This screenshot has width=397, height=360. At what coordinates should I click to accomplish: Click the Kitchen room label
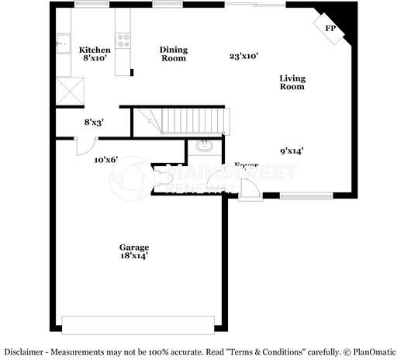pyautogui.click(x=95, y=50)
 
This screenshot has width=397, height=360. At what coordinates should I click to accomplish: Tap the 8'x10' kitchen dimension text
pyautogui.click(x=95, y=59)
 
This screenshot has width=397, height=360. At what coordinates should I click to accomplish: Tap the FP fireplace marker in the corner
pyautogui.click(x=330, y=29)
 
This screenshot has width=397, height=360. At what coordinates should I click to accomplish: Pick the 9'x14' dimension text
pyautogui.click(x=292, y=151)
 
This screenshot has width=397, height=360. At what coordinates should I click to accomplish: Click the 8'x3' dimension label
pyautogui.click(x=95, y=122)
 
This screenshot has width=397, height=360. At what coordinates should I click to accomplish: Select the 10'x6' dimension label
pyautogui.click(x=105, y=159)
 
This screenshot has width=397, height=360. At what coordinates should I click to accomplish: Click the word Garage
pyautogui.click(x=134, y=247)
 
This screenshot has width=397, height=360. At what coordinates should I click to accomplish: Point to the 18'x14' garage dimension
pyautogui.click(x=134, y=256)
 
